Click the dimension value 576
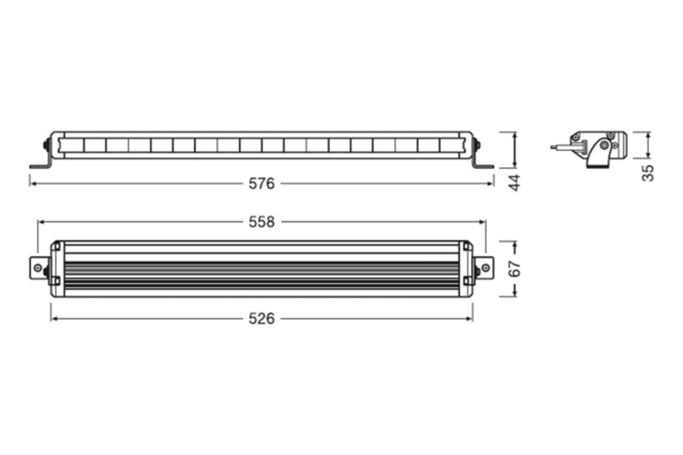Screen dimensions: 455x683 tap(261, 183)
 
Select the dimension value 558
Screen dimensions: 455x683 tap(261, 222)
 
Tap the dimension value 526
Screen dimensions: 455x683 tap(261, 318)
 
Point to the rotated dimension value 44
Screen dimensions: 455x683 tap(515, 182)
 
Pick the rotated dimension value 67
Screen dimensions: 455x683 tap(515, 268)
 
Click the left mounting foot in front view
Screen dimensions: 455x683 tap(40, 165)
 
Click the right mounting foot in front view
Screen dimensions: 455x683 tap(483, 165)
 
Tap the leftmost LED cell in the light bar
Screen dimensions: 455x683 tap(72, 145)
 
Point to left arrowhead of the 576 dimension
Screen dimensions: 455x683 tap(32, 183)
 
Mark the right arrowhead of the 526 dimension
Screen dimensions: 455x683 tap(470, 318)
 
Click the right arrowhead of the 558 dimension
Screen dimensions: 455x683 tap(483, 222)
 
